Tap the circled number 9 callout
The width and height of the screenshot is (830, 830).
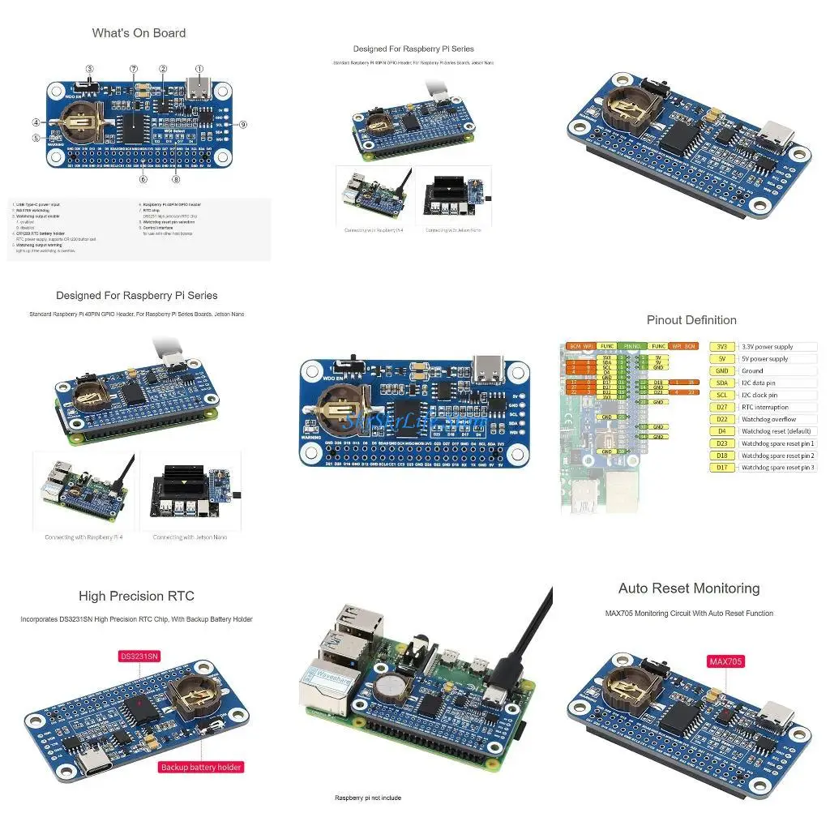tap(243, 124)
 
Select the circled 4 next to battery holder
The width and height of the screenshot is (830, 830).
tap(36, 122)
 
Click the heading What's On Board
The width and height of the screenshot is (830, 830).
tap(139, 33)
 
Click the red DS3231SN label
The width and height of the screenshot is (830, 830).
tap(140, 656)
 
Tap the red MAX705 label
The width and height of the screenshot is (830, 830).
tap(725, 661)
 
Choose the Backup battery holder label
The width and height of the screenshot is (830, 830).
tap(201, 767)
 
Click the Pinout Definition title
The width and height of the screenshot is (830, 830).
tap(691, 320)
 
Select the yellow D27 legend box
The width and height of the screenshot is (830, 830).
tap(721, 407)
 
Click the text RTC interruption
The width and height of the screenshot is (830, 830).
tap(764, 407)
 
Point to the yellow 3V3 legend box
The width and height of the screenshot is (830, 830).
tap(721, 347)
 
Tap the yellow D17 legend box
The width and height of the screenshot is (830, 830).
tap(721, 467)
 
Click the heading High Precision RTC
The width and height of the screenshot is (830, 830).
tap(136, 596)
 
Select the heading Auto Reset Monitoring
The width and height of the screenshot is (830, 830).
tap(689, 588)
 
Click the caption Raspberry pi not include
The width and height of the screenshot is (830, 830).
tap(367, 798)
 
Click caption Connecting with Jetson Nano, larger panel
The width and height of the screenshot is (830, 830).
tap(190, 537)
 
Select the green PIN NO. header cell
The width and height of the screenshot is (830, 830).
tap(631, 346)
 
